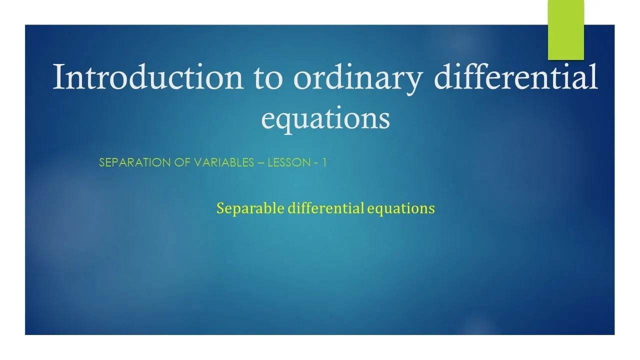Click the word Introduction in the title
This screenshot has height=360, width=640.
click(x=148, y=76)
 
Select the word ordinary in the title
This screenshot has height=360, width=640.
click(x=358, y=79)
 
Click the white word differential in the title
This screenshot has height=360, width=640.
click(x=515, y=76)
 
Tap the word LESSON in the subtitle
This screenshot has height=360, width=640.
click(x=289, y=162)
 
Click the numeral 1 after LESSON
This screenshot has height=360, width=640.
click(x=324, y=162)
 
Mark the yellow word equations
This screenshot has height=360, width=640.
click(x=401, y=208)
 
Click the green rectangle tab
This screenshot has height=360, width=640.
click(x=565, y=30)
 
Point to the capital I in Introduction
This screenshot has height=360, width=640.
click(x=59, y=76)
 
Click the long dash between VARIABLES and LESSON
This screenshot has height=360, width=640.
click(x=261, y=163)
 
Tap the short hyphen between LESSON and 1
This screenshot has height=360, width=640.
click(x=316, y=163)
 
